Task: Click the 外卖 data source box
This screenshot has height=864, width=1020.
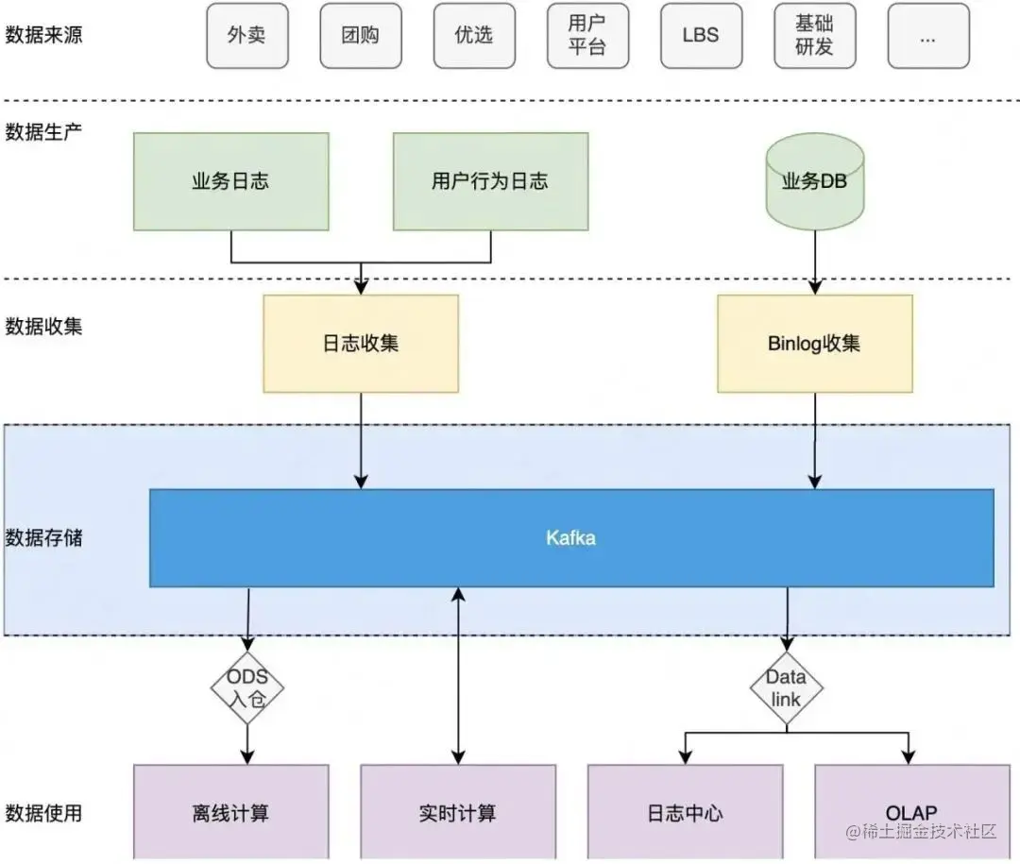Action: pos(246,36)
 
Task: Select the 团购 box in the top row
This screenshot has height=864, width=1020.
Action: pos(361,36)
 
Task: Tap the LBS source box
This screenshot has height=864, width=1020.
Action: pos(701,36)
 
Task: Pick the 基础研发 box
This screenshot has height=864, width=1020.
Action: pos(814,36)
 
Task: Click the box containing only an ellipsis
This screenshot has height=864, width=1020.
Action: pos(927,36)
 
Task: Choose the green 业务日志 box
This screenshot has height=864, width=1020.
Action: pos(231,181)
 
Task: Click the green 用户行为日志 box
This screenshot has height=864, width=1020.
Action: pos(490,181)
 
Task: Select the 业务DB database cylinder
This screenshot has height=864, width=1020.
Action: pos(814,181)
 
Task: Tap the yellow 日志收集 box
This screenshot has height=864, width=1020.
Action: pos(361,343)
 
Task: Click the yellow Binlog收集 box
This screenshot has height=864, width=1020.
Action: pos(814,343)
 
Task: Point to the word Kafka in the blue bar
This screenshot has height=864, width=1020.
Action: pos(570,538)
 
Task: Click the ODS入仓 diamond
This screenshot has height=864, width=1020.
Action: pos(247,688)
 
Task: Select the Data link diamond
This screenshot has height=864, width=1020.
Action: pos(786,688)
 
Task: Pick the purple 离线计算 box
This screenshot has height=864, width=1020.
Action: pos(231,812)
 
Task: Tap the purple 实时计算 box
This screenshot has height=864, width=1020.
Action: pos(458,812)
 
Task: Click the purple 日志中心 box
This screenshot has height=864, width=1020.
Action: pos(686,812)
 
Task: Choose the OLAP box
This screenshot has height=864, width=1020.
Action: pos(911,812)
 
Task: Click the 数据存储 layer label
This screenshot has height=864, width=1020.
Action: pos(43,538)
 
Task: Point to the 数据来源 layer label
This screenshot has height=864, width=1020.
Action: pos(43,36)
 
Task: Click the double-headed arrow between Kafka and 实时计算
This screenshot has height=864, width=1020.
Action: pos(458,675)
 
